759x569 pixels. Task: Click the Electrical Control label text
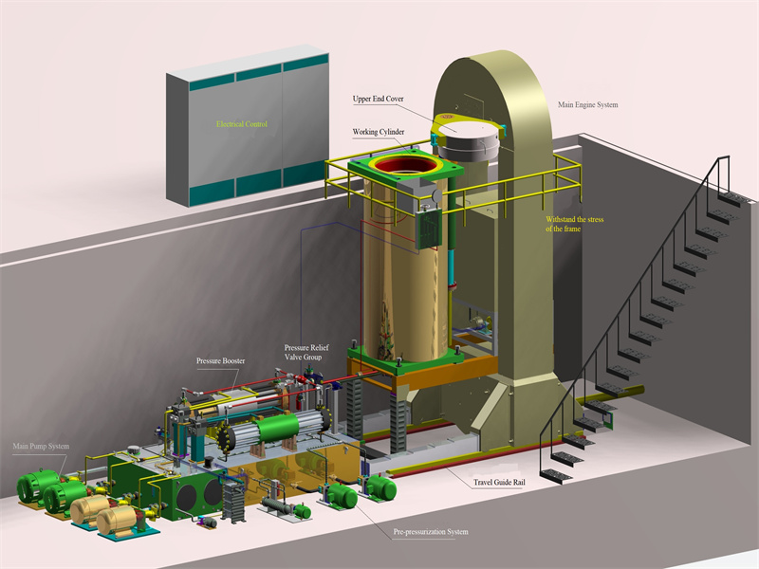click(x=242, y=124)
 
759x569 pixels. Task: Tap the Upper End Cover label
click(x=378, y=99)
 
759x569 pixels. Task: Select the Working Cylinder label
click(x=378, y=132)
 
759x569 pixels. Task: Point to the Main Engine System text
click(x=587, y=104)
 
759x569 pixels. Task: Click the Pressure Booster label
click(x=220, y=361)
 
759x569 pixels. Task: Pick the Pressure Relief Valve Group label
click(x=306, y=352)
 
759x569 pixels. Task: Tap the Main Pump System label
click(x=41, y=446)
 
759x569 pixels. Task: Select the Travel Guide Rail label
click(x=499, y=482)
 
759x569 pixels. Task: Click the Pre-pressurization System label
click(x=431, y=532)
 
